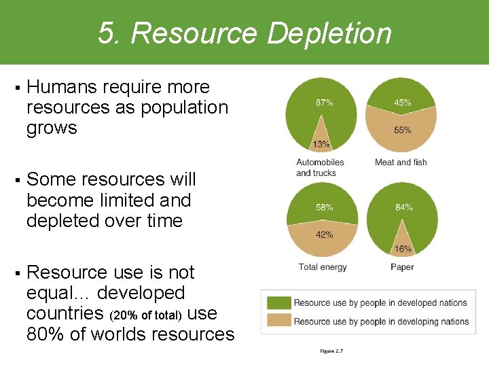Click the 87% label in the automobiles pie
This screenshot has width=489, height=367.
[x=324, y=103]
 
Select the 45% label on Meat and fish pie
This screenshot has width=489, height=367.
[x=403, y=103]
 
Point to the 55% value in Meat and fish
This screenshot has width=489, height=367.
[x=403, y=130]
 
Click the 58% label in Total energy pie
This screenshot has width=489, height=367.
[x=324, y=207]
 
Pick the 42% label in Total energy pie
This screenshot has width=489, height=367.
[x=324, y=235]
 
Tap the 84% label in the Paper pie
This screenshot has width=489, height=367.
[x=404, y=207]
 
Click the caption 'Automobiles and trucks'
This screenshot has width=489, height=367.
[x=320, y=167]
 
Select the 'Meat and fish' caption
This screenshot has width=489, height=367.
[x=401, y=162]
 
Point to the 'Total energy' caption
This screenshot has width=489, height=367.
[x=323, y=267]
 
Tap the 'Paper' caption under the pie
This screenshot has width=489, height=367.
[x=402, y=267]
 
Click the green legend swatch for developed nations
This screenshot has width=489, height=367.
[x=278, y=303]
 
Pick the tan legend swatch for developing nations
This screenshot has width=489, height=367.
[x=278, y=321]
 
